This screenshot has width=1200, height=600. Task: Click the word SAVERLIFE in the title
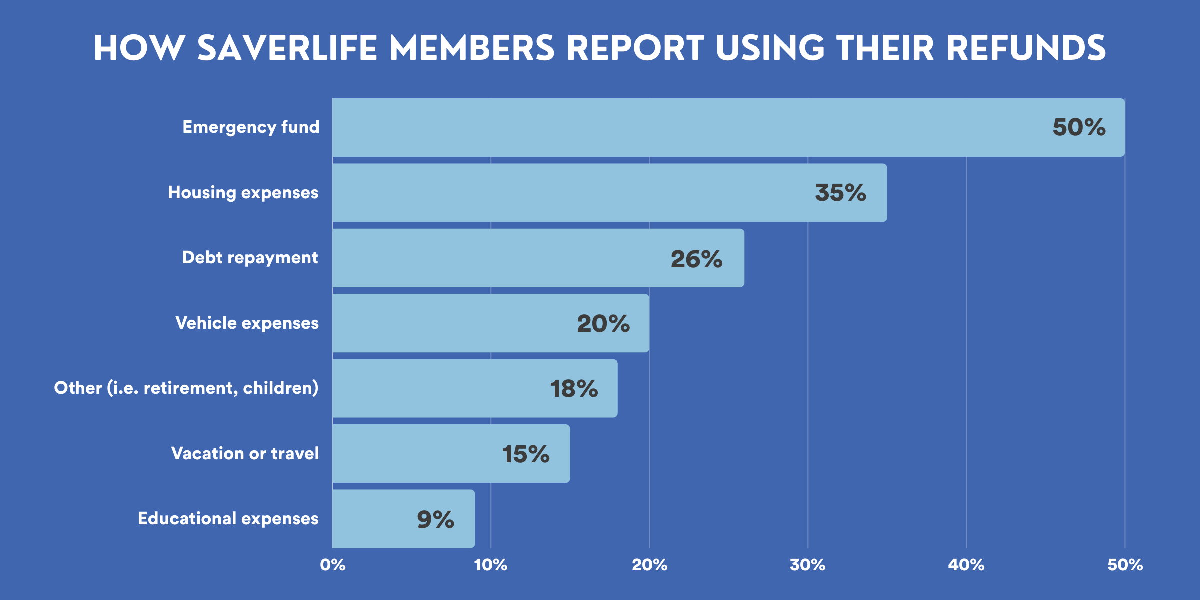[x=287, y=48]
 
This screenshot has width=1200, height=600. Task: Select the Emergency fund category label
[x=251, y=127]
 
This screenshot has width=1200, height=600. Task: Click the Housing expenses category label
[x=243, y=193]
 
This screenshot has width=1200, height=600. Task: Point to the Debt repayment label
[x=250, y=258]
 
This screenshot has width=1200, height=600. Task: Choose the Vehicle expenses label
[x=247, y=323]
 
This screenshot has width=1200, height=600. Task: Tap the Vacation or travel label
[x=245, y=453]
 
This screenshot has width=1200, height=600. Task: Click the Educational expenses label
[x=228, y=519]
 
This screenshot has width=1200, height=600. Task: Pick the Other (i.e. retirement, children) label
[x=186, y=388]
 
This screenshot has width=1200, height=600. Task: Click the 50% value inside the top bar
[x=1079, y=127]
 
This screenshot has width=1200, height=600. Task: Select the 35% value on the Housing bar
[x=840, y=193]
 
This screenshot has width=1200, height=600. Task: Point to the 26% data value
[x=696, y=259]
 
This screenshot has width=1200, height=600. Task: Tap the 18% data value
[x=574, y=389]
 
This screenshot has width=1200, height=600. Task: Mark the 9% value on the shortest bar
[x=435, y=519]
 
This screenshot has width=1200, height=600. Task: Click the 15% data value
[x=526, y=454]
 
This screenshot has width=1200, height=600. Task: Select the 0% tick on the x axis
[x=333, y=565]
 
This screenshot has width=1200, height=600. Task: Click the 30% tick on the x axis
[x=807, y=565]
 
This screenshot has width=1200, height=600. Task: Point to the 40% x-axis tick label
[x=966, y=565]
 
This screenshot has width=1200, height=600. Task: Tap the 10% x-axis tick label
[x=491, y=565]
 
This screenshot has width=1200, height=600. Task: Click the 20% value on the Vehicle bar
[x=603, y=324]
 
